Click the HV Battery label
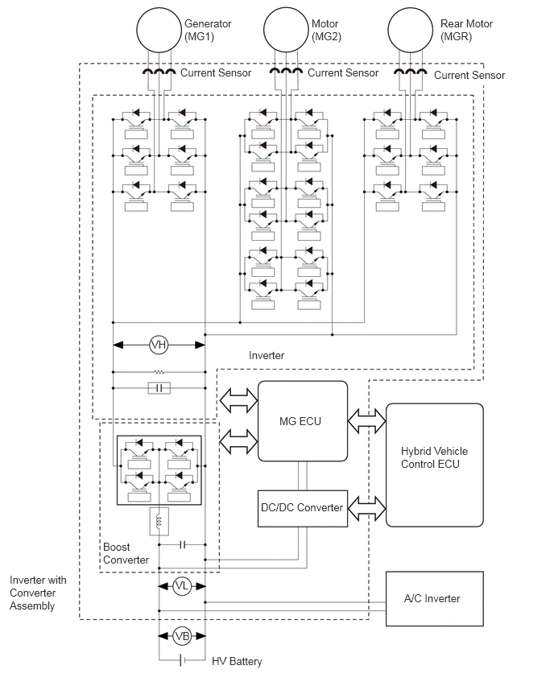[237, 661]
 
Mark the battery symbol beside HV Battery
[182, 659]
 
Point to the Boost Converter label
[126, 553]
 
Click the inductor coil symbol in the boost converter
[159, 521]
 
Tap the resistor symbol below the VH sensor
[159, 372]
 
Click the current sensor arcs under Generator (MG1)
[159, 72]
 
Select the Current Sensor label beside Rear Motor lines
[469, 75]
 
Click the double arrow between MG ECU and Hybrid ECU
[366, 421]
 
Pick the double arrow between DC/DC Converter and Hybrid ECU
[366, 508]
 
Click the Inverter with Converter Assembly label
[38, 593]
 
